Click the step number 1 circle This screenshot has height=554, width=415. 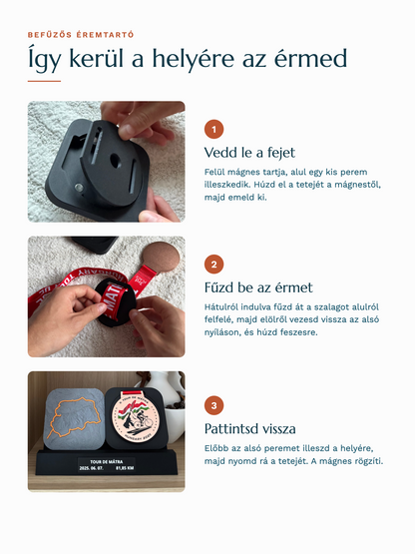213,130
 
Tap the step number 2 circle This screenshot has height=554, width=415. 213,265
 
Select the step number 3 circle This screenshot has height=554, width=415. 213,405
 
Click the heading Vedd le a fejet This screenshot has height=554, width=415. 249,153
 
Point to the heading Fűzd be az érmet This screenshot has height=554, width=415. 258,287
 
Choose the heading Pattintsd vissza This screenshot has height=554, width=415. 250,428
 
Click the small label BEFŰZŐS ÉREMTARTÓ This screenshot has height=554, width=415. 81,35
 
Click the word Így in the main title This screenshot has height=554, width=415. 44,60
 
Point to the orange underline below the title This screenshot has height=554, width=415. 44,81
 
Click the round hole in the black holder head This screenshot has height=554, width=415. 115,161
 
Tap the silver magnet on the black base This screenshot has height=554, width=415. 79,187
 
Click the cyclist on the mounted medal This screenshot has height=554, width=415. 142,420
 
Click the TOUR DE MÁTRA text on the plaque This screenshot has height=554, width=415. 107,461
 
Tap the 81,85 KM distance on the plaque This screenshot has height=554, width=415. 125,468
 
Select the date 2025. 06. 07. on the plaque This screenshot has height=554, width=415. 91,468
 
